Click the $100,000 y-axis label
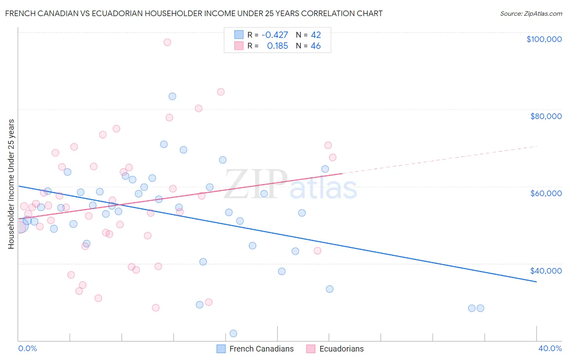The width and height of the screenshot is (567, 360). (544, 39)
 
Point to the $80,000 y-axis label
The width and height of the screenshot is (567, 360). (546, 116)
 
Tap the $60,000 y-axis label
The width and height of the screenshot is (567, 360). (546, 193)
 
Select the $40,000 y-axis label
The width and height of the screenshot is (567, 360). (546, 271)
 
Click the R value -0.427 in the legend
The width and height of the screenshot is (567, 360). (275, 35)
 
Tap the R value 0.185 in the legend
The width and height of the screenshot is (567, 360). (277, 46)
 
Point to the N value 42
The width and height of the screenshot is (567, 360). (316, 35)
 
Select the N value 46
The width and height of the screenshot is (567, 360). (316, 46)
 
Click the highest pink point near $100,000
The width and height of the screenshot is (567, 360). (167, 42)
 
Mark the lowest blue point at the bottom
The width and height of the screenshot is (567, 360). (233, 333)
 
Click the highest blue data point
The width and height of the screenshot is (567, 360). (172, 96)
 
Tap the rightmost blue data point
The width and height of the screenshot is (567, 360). (480, 308)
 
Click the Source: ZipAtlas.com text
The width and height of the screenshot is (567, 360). (531, 14)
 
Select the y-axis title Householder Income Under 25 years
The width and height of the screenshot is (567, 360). (11, 184)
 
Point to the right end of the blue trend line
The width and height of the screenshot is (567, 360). (536, 282)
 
